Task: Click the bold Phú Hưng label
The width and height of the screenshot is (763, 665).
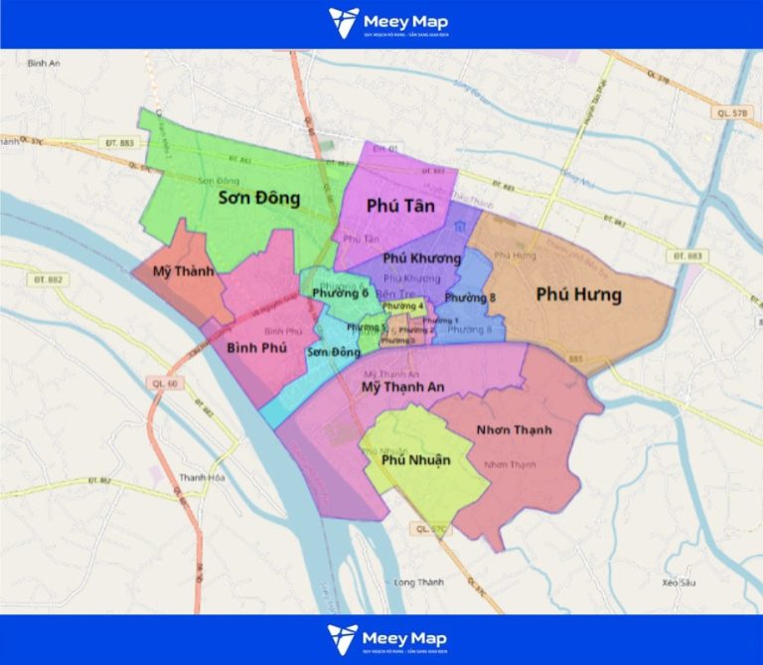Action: (x=578, y=294)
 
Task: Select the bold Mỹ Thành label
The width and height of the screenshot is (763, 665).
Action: (x=183, y=270)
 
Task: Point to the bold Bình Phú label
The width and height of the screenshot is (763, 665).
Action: (x=256, y=347)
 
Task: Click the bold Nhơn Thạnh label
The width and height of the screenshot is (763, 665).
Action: (x=513, y=429)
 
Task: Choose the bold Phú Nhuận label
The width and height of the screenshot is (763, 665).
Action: (x=415, y=459)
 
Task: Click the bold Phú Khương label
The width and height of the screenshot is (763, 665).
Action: (x=421, y=258)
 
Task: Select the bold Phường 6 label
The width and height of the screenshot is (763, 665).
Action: (x=340, y=293)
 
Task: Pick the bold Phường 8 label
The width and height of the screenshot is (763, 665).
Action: (x=470, y=298)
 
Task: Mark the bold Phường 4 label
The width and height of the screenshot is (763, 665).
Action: (x=403, y=306)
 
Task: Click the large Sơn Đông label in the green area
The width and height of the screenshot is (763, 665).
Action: (x=258, y=198)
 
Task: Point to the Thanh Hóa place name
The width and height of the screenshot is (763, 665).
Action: (x=199, y=477)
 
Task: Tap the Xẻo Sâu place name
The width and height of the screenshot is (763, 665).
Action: (x=674, y=582)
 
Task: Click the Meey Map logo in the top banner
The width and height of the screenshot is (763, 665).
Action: (x=387, y=23)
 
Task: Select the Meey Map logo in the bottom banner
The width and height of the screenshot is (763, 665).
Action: (x=387, y=638)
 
